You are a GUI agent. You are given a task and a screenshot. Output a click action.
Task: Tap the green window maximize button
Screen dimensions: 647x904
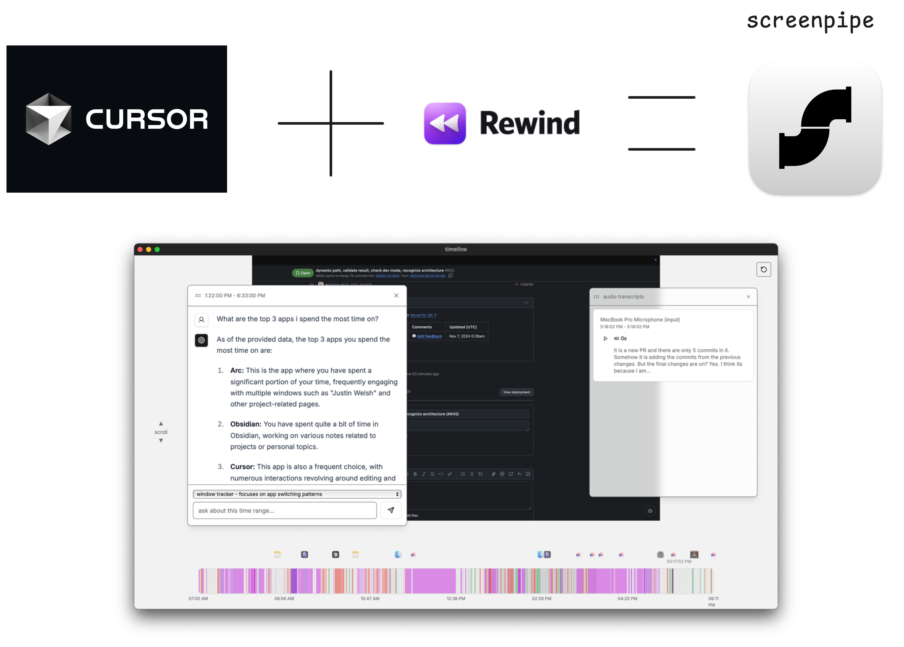(157, 249)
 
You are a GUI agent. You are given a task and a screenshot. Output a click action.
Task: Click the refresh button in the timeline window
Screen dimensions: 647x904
(763, 269)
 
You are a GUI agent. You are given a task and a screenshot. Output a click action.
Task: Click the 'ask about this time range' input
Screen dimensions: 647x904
(284, 510)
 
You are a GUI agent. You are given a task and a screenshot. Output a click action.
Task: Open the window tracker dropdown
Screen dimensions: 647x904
(297, 494)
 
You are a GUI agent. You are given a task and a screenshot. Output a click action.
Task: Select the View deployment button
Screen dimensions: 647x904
(516, 392)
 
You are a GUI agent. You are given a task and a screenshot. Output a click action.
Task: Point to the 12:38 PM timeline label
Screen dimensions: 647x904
(456, 598)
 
